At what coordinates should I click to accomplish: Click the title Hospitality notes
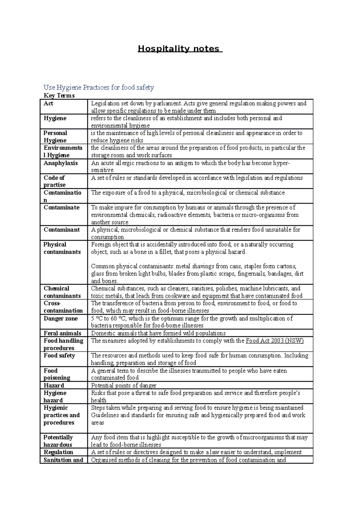pos(180,49)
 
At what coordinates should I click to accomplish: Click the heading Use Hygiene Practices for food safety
pos(99,88)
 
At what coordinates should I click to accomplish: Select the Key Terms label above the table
pos(59,96)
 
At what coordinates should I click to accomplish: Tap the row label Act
pos(49,104)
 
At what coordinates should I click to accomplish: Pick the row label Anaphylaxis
pos(61,163)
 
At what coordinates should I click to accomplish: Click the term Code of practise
pos(54,181)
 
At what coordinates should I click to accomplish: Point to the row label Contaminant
pos(62,230)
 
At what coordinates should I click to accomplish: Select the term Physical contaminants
pos(62,248)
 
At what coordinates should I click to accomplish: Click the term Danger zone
pos(61,319)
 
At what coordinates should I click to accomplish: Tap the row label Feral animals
pos(62,333)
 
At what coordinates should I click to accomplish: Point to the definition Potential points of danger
pos(124,385)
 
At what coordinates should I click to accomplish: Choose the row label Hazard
pos(54,385)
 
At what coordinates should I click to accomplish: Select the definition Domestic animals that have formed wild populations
pos(158,333)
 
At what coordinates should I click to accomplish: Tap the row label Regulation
pos(58,452)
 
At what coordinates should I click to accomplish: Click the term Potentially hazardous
pos(58,441)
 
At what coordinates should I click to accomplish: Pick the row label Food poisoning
pos(57,374)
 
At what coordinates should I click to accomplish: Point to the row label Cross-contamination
pos(63,307)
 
